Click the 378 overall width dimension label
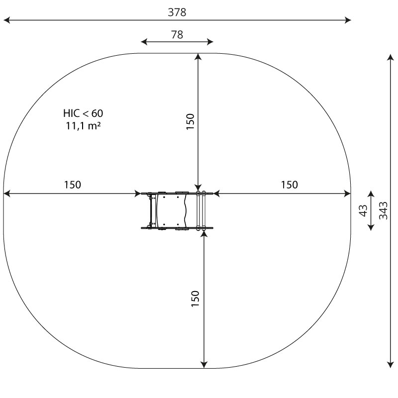pyautogui.click(x=177, y=12)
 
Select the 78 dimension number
pyautogui.click(x=177, y=34)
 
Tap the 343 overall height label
pyautogui.click(x=383, y=210)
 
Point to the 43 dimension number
pyautogui.click(x=363, y=210)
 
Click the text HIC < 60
pyautogui.click(x=83, y=113)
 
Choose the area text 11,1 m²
pyautogui.click(x=83, y=126)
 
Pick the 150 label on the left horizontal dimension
pyautogui.click(x=72, y=185)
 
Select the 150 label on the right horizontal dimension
pyautogui.click(x=289, y=185)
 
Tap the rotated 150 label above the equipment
pyautogui.click(x=190, y=122)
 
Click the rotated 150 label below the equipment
pyautogui.click(x=195, y=299)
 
